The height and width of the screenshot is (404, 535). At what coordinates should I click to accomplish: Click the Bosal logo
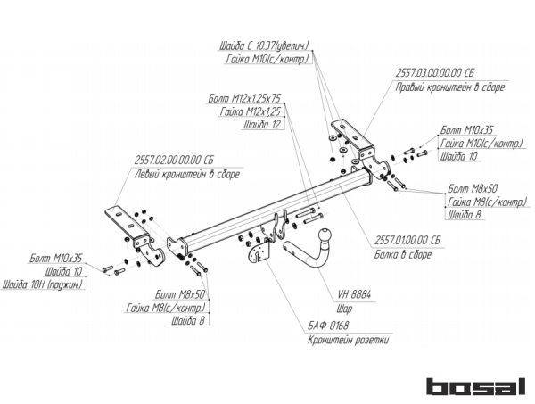pos(475,386)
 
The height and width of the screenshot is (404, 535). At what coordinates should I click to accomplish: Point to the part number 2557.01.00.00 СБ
pos(407,241)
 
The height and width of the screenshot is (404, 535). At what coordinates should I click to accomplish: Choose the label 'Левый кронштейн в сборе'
pos(188,174)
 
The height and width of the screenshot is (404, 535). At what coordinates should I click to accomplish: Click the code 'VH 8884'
pos(356,293)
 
